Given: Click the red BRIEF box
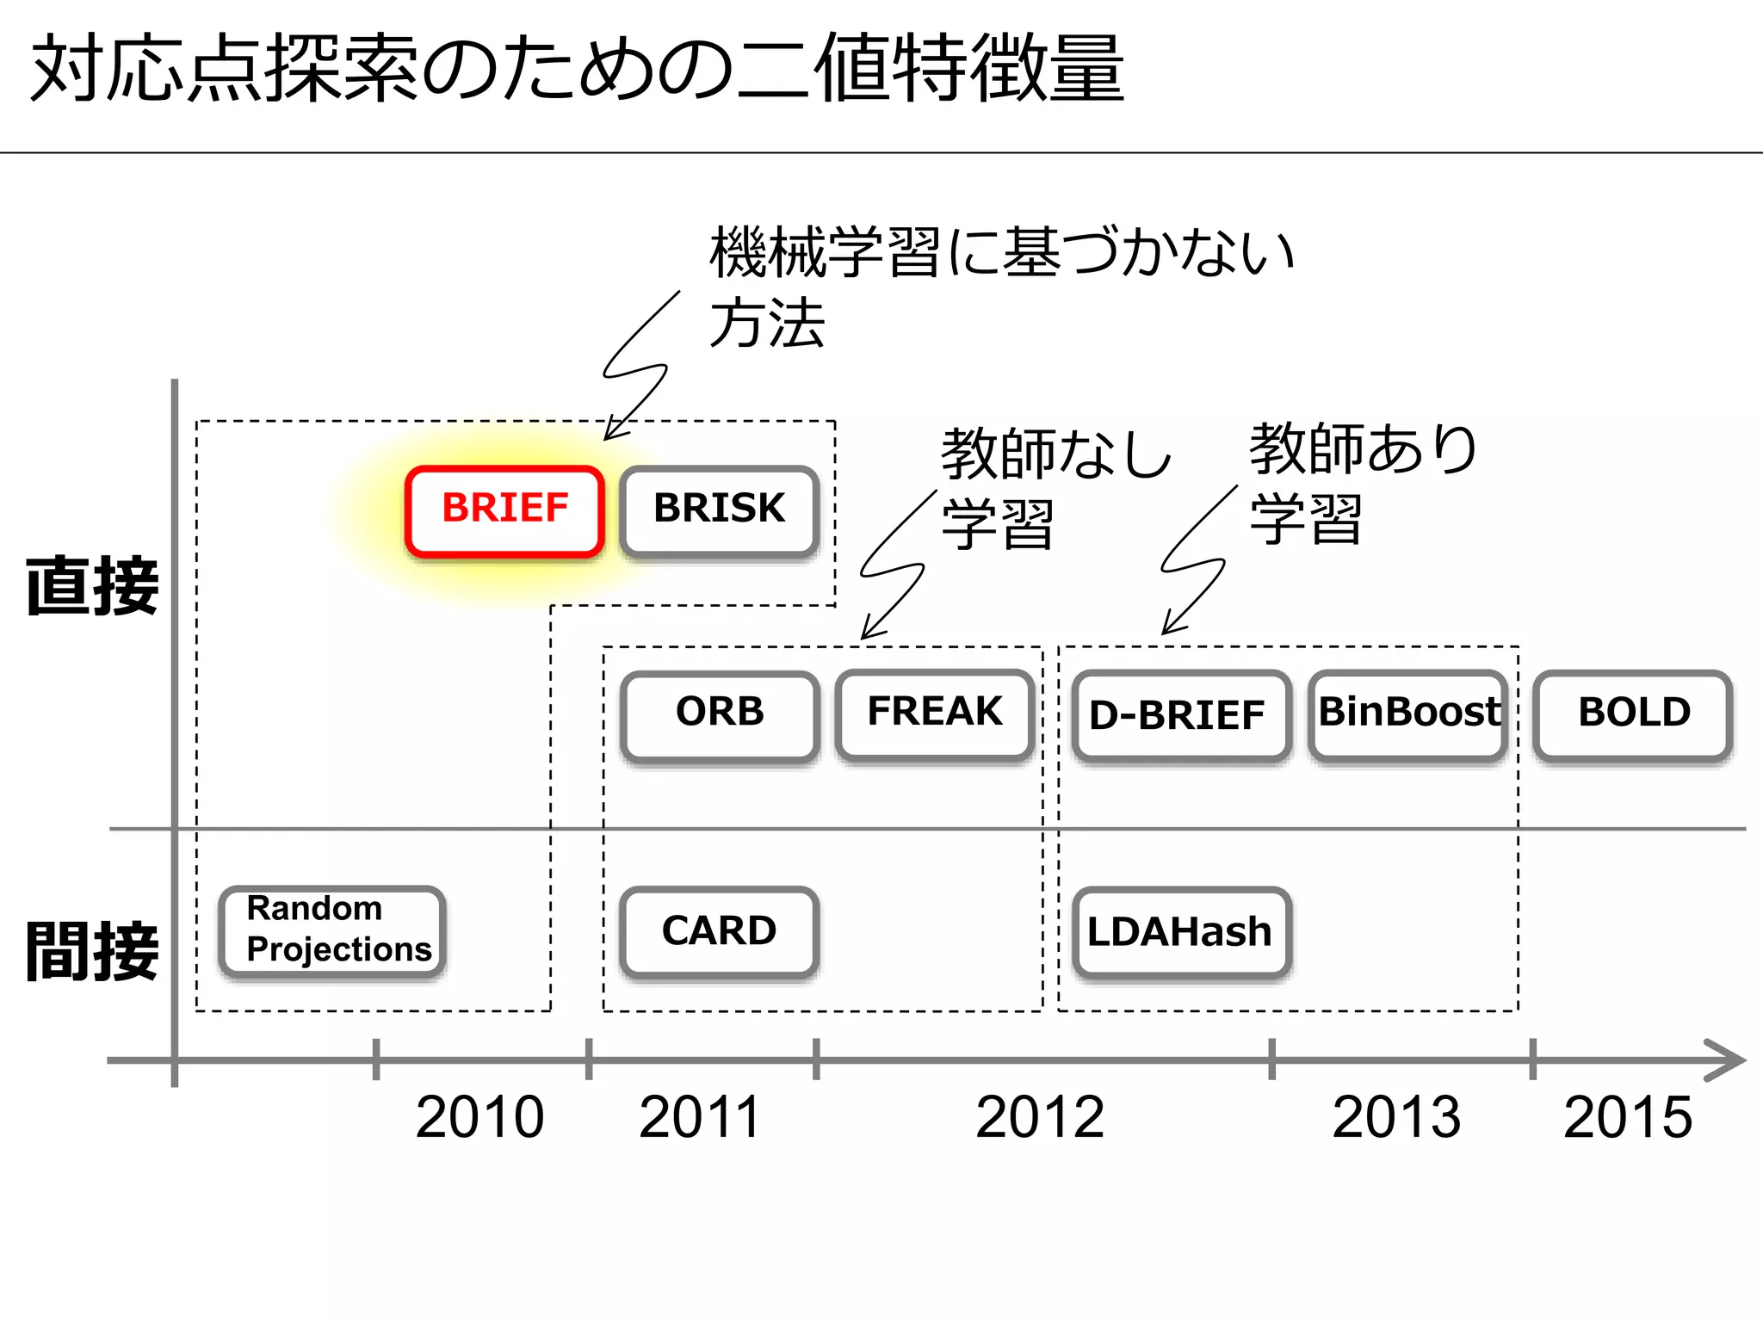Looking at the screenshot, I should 504,510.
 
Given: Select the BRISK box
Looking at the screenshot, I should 719,510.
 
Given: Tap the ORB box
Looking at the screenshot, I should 720,714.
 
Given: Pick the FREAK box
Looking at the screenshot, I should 935,714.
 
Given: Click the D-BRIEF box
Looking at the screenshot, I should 1181,715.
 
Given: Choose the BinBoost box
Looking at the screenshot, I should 1408,714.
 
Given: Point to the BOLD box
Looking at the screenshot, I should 1633,714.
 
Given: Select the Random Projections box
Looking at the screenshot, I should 333,930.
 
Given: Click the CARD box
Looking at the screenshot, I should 719,931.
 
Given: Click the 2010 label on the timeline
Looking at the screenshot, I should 479,1117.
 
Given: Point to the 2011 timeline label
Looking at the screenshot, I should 699,1117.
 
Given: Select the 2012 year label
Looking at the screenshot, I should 1040,1117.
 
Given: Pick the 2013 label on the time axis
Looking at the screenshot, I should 1396,1117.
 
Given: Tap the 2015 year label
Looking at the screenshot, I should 1628,1117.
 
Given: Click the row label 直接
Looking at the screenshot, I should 92,586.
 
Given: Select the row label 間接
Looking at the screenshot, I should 92,951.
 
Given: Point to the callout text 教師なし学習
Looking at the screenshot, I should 1055,487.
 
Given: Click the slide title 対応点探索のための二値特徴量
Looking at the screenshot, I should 577,69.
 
